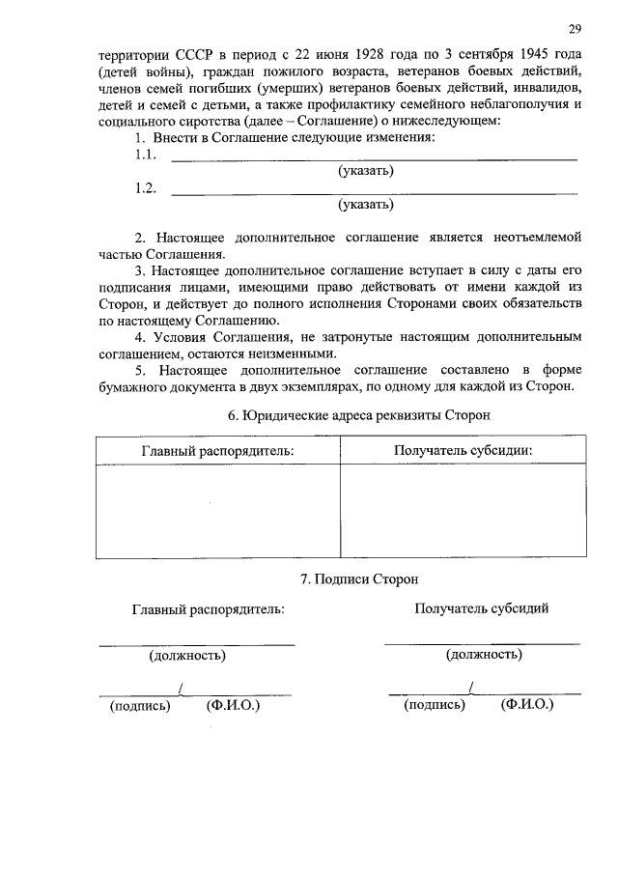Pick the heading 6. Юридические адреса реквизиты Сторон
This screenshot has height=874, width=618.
coord(358,414)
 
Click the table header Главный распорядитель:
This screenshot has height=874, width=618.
coord(217,451)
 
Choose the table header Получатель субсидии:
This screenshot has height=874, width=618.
coord(463,451)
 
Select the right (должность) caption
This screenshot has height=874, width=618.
coord(484,655)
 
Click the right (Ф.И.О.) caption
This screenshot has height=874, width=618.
coord(527,705)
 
